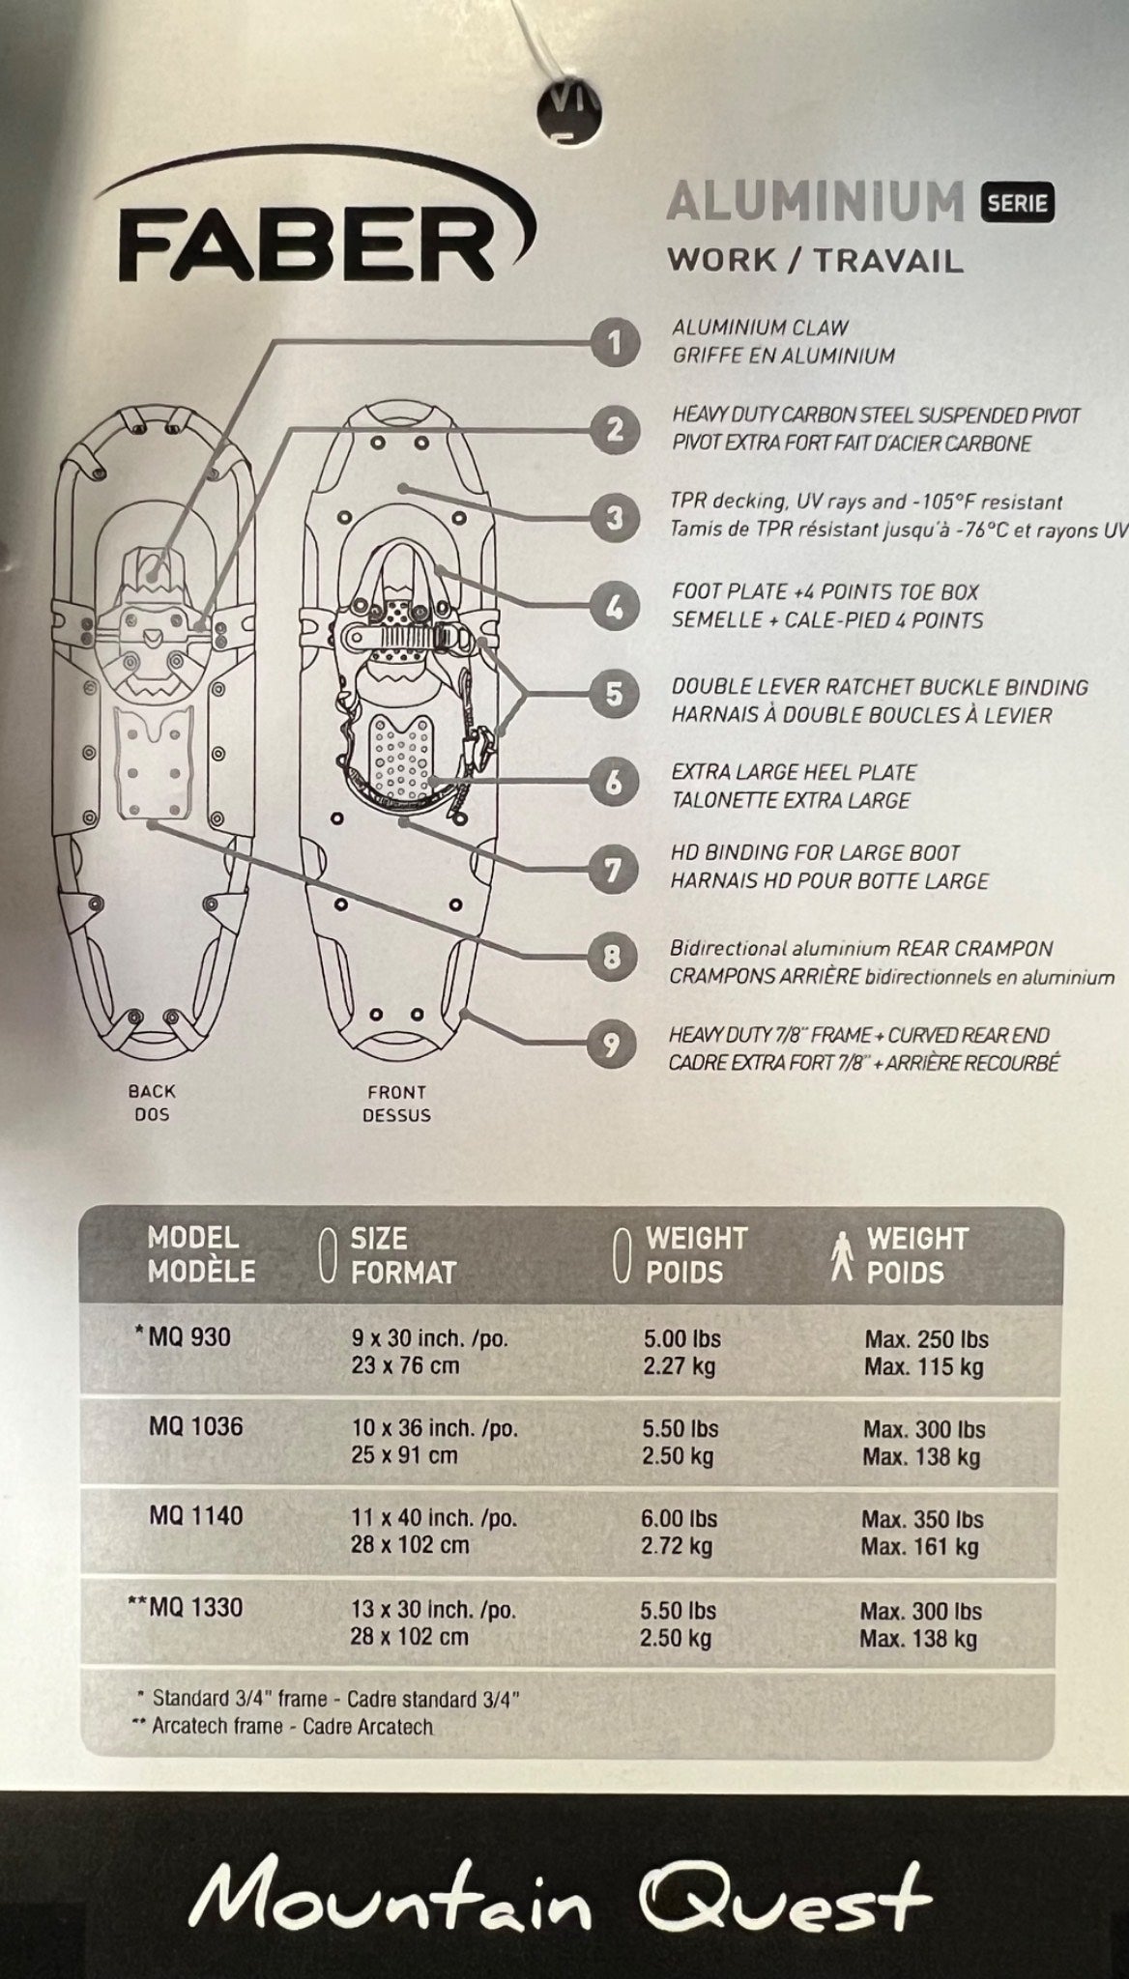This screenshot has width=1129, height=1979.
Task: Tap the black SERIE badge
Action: pos(1017,202)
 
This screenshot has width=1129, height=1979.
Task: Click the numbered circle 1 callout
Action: pos(613,342)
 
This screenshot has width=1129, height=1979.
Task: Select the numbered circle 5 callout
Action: pos(613,694)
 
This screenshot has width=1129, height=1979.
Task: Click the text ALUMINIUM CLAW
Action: pos(761,328)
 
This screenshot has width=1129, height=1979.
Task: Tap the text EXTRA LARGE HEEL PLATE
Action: pos(794,772)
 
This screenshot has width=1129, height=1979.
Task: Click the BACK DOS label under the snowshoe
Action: pos(152,1103)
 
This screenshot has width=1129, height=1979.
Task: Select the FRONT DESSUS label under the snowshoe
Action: pos(396,1104)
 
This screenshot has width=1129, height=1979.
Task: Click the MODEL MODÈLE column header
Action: pos(200,1254)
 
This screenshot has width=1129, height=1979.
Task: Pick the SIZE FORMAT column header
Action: pos(402,1255)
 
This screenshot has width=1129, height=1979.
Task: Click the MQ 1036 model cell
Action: pos(195,1426)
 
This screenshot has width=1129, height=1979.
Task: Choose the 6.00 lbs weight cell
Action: pos(679,1518)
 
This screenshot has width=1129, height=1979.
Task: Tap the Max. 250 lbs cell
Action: pos(925,1339)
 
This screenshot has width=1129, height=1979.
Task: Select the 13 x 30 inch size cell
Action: pos(432,1610)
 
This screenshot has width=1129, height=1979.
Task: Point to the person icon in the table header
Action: pos(841,1254)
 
